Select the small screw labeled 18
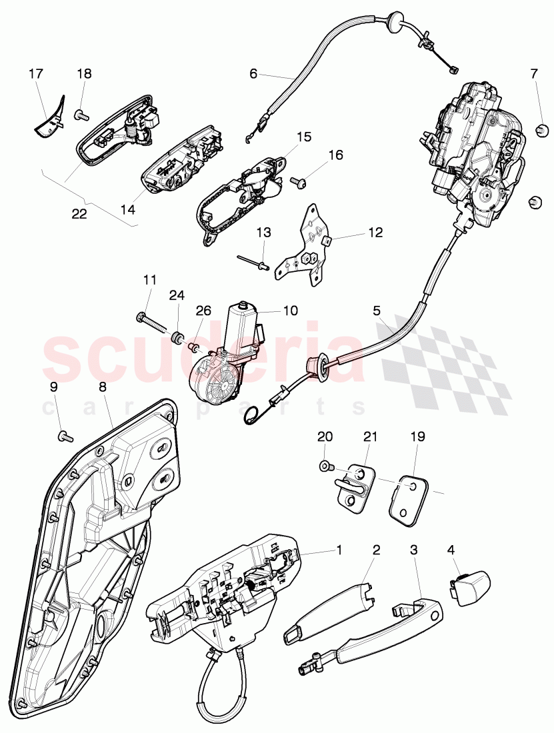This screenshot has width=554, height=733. pyautogui.click(x=80, y=116)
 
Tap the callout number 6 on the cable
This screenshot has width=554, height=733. pyautogui.click(x=253, y=74)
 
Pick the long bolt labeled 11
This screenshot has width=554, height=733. pyautogui.click(x=153, y=321)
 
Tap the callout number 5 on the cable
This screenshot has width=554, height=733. pyautogui.click(x=376, y=311)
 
